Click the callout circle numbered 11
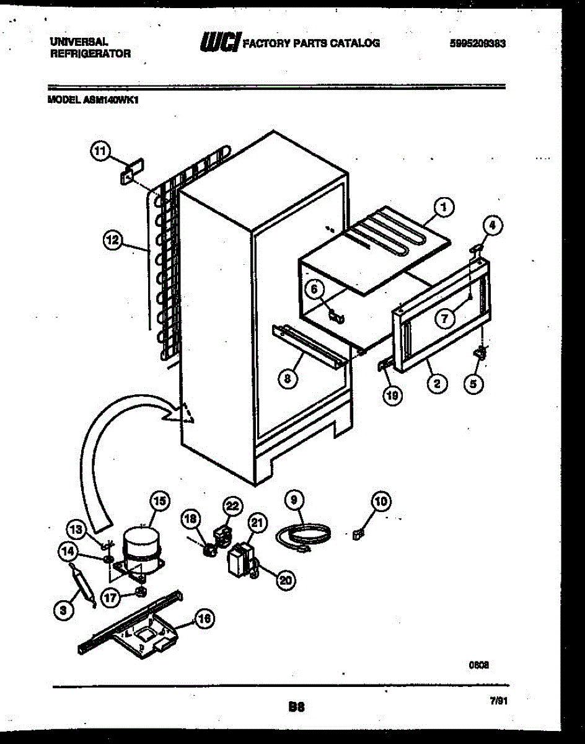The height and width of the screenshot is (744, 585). [x=100, y=150]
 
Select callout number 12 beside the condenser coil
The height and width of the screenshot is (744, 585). [x=113, y=241]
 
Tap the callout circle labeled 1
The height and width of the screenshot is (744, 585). [x=443, y=208]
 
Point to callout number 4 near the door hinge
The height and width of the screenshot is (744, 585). [x=490, y=226]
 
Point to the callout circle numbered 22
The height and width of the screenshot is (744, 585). [x=232, y=507]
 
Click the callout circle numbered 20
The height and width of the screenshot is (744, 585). [x=284, y=580]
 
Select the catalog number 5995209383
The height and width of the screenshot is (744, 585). [x=478, y=43]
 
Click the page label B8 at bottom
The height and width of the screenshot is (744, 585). [x=297, y=706]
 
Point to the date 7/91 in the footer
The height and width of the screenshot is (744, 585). [x=499, y=699]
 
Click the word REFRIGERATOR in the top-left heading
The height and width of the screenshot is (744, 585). [x=90, y=53]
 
